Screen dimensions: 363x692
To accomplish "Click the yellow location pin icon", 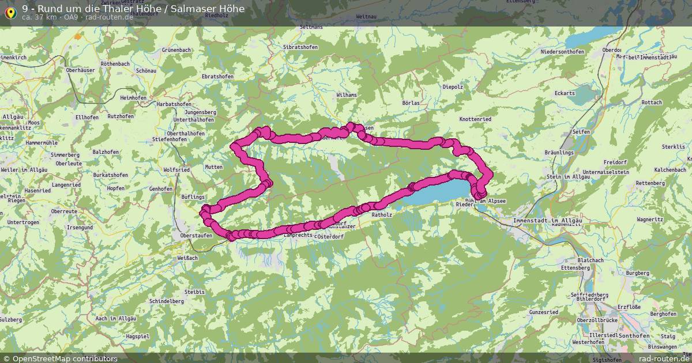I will [10, 12].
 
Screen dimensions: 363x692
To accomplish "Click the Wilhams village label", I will [347, 94].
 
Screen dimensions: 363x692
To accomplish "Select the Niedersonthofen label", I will [562, 52].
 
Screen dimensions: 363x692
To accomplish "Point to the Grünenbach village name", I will [160, 50].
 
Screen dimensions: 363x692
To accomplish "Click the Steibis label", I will [195, 292].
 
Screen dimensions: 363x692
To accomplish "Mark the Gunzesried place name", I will [543, 312].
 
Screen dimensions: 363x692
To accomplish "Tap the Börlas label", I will [411, 103].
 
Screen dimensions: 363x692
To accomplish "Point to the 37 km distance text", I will [40, 17].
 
